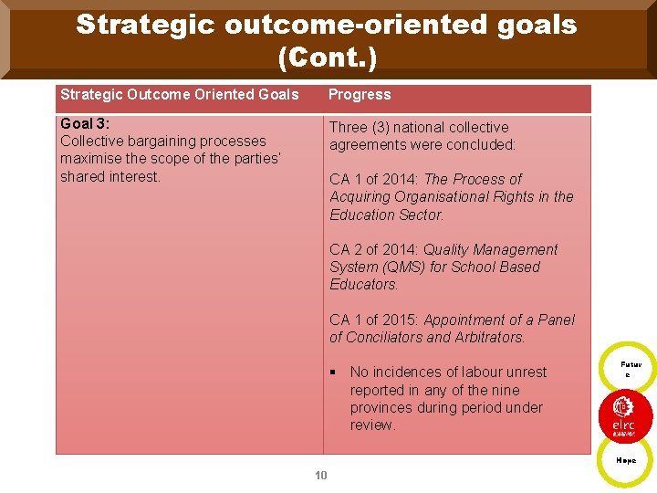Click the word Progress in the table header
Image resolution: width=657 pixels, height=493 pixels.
[360, 95]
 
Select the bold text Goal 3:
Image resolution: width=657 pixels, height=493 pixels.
[84, 123]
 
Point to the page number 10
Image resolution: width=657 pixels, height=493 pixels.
[320, 476]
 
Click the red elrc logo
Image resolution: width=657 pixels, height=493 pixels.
[625, 414]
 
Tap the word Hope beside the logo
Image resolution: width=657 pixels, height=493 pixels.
[626, 461]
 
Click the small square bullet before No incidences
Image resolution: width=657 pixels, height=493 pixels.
[334, 372]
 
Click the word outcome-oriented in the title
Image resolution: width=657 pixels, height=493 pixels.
[332, 25]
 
